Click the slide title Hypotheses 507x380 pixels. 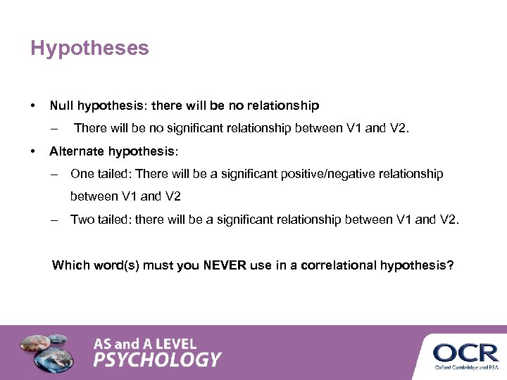pyautogui.click(x=89, y=49)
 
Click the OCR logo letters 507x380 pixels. pyautogui.click(x=465, y=352)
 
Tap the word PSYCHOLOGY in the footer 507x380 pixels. pyautogui.click(x=157, y=360)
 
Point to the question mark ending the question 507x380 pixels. pyautogui.click(x=451, y=265)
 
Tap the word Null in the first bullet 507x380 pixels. pyautogui.click(x=61, y=106)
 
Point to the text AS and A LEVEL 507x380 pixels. pyautogui.click(x=145, y=344)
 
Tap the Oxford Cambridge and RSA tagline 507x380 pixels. pyautogui.click(x=465, y=367)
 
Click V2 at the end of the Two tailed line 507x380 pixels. pyautogui.click(x=449, y=220)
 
